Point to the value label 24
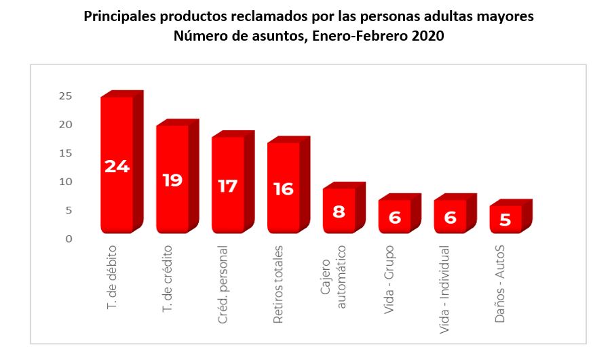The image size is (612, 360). [x=117, y=166]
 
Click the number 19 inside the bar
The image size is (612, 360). [x=172, y=181]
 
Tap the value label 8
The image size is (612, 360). [x=339, y=211]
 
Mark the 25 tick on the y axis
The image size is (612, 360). [x=65, y=96]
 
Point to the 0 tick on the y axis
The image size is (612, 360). [x=69, y=239]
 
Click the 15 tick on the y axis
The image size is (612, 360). [x=65, y=153]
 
